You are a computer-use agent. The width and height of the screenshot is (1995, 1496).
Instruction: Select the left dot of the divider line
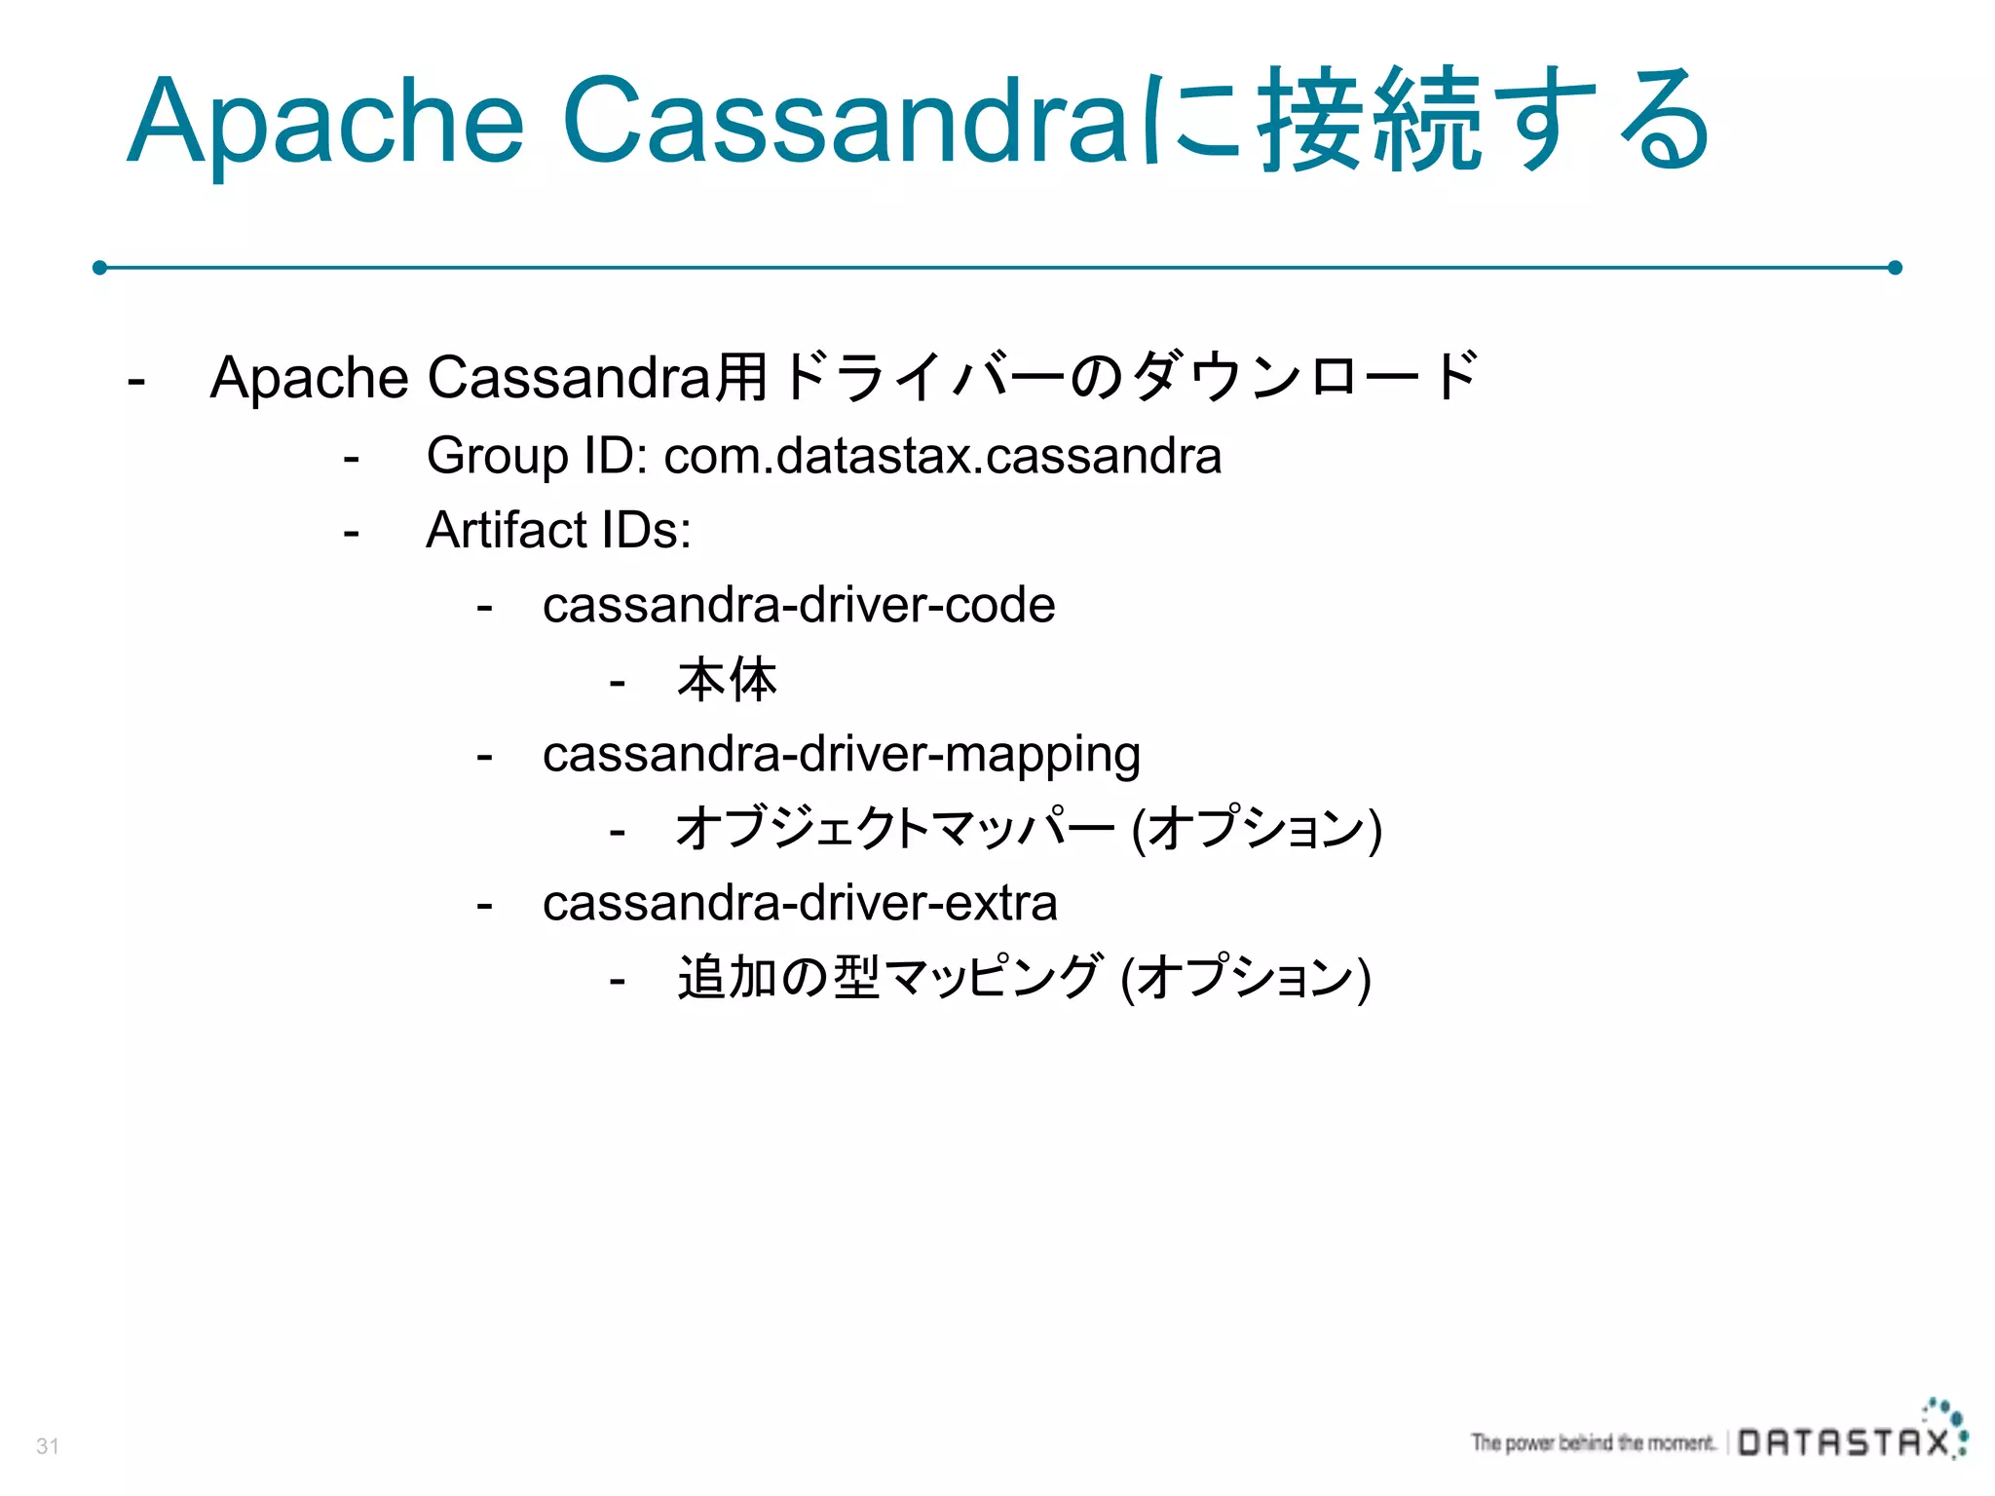pos(99,267)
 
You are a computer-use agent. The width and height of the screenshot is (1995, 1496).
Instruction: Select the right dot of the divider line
pos(1895,267)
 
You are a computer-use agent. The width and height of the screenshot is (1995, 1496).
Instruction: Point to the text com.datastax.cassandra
pos(942,456)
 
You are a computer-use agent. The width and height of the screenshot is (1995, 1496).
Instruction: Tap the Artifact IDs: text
pos(558,531)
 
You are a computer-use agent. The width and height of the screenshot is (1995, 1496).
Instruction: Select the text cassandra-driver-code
pos(799,606)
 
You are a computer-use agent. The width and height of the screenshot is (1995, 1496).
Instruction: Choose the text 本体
pos(727,680)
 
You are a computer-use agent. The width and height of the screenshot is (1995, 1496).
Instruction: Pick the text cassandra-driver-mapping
pos(842,755)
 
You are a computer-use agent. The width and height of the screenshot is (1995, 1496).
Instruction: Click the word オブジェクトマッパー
pos(894,829)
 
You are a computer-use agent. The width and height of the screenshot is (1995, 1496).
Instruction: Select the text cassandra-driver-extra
pos(800,904)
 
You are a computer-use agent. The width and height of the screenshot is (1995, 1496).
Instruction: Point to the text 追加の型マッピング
pos(890,978)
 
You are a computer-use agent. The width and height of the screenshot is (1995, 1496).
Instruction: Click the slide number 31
pos(48,1446)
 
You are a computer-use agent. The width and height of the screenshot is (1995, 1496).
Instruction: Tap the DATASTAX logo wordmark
pos(1844,1442)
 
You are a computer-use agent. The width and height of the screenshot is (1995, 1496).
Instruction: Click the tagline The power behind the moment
pos(1593,1442)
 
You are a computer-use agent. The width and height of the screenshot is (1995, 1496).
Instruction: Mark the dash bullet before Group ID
pos(352,458)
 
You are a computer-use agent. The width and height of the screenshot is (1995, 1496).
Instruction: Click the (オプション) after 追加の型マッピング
pos(1246,978)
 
